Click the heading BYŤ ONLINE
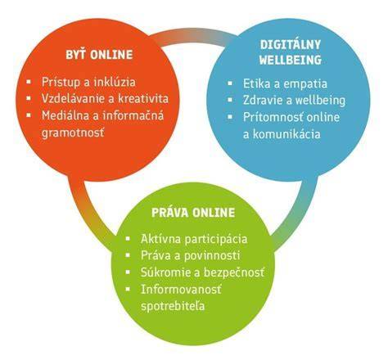click(99, 54)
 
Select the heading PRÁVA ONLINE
click(193, 213)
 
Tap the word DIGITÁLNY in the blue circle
click(291, 45)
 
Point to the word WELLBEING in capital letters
click(291, 60)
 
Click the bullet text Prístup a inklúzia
click(88, 82)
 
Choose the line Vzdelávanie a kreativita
click(105, 98)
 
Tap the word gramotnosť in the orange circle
click(73, 133)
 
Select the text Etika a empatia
click(285, 83)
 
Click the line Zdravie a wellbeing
click(294, 101)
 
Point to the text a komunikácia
click(282, 134)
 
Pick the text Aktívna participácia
click(194, 239)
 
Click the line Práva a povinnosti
click(190, 255)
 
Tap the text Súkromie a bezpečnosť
click(202, 272)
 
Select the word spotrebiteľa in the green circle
click(173, 306)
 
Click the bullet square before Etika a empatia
click(230, 83)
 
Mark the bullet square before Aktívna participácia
click(128, 239)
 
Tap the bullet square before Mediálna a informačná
click(29, 115)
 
